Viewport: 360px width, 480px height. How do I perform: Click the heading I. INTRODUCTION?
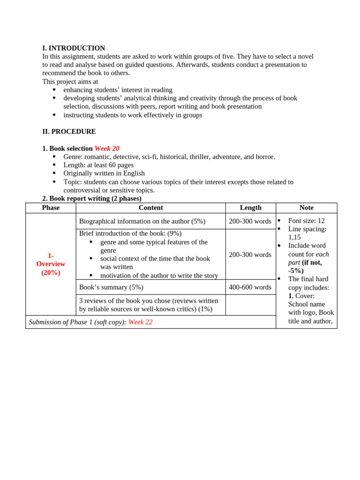[74, 48]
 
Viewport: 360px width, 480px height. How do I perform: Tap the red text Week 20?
[107, 149]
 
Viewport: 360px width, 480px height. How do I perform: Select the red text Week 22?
[140, 322]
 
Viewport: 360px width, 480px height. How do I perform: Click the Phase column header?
[51, 208]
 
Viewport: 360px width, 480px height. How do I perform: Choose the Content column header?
[150, 208]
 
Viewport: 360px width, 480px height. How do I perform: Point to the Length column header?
[250, 208]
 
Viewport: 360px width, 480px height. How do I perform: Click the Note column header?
[306, 208]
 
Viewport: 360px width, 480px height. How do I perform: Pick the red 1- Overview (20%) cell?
[51, 264]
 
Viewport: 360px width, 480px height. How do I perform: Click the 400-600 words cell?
[250, 287]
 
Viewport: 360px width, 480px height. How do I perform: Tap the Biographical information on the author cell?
[142, 221]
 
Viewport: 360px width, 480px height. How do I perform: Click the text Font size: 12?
[306, 221]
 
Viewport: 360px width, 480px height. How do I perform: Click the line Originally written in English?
[104, 173]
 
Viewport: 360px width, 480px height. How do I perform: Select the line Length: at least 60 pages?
[98, 165]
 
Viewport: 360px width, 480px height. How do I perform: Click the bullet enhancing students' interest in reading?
[118, 90]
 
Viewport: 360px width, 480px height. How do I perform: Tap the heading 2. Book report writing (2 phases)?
[92, 198]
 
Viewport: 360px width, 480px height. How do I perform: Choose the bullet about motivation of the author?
[159, 276]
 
